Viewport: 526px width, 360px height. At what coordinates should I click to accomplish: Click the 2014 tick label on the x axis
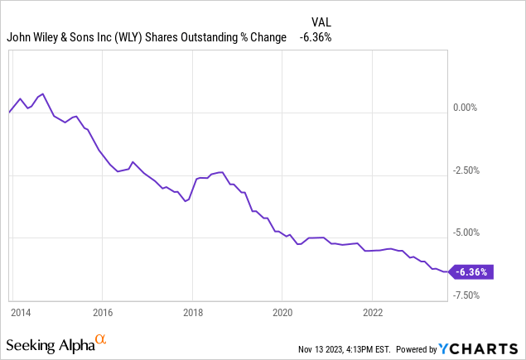(x=21, y=314)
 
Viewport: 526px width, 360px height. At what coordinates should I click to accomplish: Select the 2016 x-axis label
(x=102, y=314)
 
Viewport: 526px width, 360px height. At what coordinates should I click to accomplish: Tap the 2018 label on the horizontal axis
(x=192, y=314)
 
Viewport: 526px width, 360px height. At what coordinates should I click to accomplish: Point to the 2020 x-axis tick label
(x=282, y=314)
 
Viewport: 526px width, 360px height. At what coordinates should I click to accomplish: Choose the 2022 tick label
(x=372, y=314)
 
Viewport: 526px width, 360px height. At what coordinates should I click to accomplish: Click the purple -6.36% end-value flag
(x=473, y=271)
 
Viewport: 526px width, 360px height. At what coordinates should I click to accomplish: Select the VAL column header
(x=321, y=22)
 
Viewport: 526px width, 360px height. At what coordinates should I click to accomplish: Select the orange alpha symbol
(x=100, y=339)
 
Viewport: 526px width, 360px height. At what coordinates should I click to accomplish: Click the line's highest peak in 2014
(x=42, y=94)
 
